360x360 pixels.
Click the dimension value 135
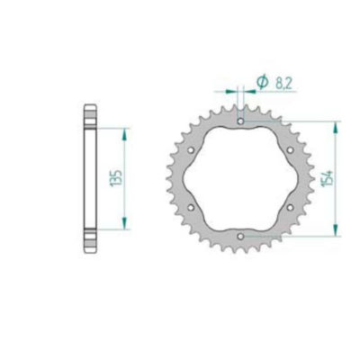pyautogui.click(x=112, y=178)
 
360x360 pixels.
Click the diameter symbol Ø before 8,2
pyautogui.click(x=262, y=82)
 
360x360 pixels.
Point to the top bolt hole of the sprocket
pyautogui.click(x=241, y=119)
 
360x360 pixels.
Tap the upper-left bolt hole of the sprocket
pyautogui.click(x=191, y=148)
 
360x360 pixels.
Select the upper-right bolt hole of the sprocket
pyautogui.click(x=292, y=148)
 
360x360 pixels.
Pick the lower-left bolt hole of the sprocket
pyautogui.click(x=191, y=206)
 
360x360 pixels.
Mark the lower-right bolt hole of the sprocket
pyautogui.click(x=292, y=206)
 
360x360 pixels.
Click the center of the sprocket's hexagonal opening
pyautogui.click(x=241, y=177)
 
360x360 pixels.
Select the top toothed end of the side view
pyautogui.click(x=88, y=115)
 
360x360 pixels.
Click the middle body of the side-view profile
pyautogui.click(x=88, y=178)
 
